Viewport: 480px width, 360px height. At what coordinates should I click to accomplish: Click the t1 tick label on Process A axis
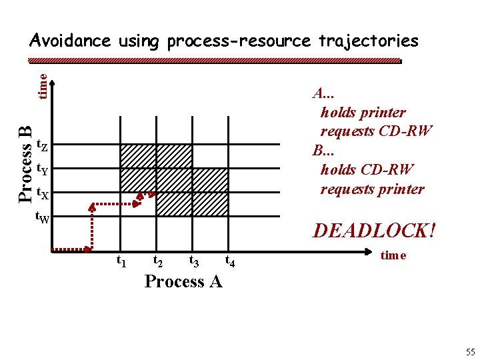pos(122,261)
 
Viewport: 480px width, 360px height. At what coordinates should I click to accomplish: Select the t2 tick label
pos(159,261)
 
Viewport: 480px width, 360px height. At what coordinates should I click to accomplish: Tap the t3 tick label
pos(195,261)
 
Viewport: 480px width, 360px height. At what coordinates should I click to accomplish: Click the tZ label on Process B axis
pos(41,145)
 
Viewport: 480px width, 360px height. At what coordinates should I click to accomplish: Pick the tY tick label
pos(41,169)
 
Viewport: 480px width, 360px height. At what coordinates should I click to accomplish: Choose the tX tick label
pos(41,193)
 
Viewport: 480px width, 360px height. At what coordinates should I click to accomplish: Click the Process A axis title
pos(183,281)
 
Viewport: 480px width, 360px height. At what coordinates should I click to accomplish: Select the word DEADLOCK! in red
pos(375,231)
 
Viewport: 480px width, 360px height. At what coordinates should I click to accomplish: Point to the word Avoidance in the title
pos(70,41)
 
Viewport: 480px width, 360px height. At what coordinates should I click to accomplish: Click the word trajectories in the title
pos(368,41)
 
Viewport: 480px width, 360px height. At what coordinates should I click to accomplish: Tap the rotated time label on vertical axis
pos(42,86)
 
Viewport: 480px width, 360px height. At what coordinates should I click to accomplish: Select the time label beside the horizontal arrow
pos(393,255)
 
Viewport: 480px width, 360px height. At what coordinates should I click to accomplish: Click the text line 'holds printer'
pos(363,112)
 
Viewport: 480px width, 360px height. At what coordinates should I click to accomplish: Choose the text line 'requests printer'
pos(372,189)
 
